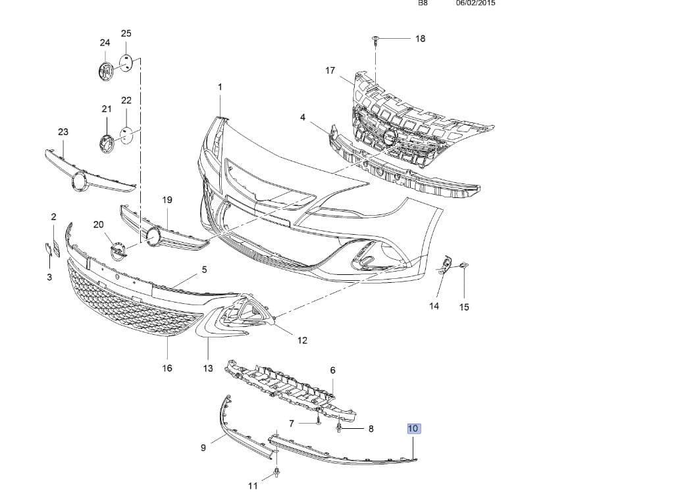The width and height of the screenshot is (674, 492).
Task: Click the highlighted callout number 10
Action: [413, 428]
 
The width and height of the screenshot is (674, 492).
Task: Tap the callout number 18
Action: [420, 39]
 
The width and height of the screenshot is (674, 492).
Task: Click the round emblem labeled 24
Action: [105, 70]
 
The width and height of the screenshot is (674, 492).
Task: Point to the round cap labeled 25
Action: [126, 62]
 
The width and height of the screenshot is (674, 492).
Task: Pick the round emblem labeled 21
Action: [106, 143]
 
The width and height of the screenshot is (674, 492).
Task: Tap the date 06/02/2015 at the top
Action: [475, 3]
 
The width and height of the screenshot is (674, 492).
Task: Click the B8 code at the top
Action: [423, 3]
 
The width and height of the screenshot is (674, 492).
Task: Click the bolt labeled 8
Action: [339, 428]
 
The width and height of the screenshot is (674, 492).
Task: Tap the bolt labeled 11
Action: [276, 474]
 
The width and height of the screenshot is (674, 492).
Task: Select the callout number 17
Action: [330, 70]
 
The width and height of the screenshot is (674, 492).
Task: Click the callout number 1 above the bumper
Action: [220, 87]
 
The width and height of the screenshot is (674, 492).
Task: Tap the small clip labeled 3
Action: [48, 250]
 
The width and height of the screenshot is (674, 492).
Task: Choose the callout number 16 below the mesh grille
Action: [167, 368]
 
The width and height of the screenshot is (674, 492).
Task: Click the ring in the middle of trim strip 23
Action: [80, 180]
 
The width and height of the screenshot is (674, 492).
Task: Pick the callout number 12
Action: [302, 340]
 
